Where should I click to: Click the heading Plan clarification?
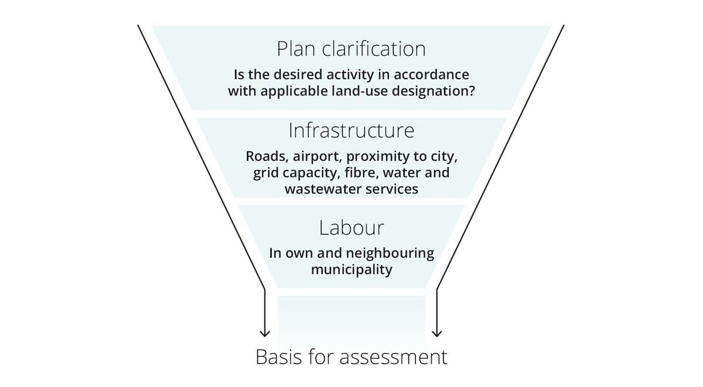pyautogui.click(x=351, y=49)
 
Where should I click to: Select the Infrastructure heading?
pyautogui.click(x=351, y=131)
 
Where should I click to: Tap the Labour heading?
pyautogui.click(x=351, y=227)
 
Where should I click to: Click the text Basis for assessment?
pyautogui.click(x=351, y=357)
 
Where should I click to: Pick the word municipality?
pyautogui.click(x=351, y=270)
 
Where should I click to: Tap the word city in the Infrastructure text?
pyautogui.click(x=442, y=157)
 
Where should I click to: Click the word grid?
pyautogui.click(x=265, y=173)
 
